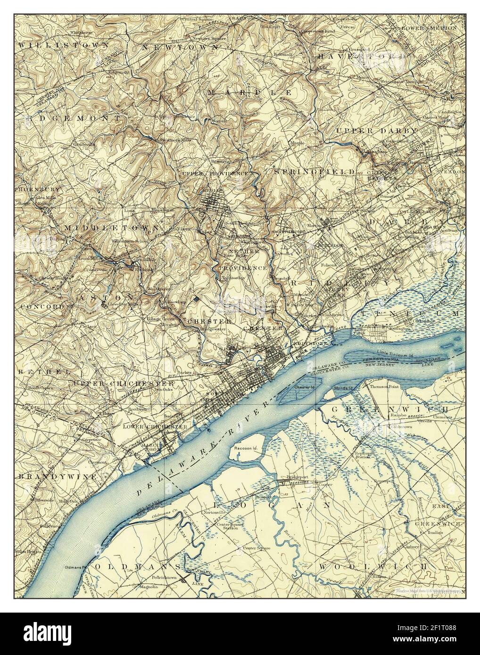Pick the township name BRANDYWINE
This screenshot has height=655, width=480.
coord(58,477)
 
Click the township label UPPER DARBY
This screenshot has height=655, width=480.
coord(376,130)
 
